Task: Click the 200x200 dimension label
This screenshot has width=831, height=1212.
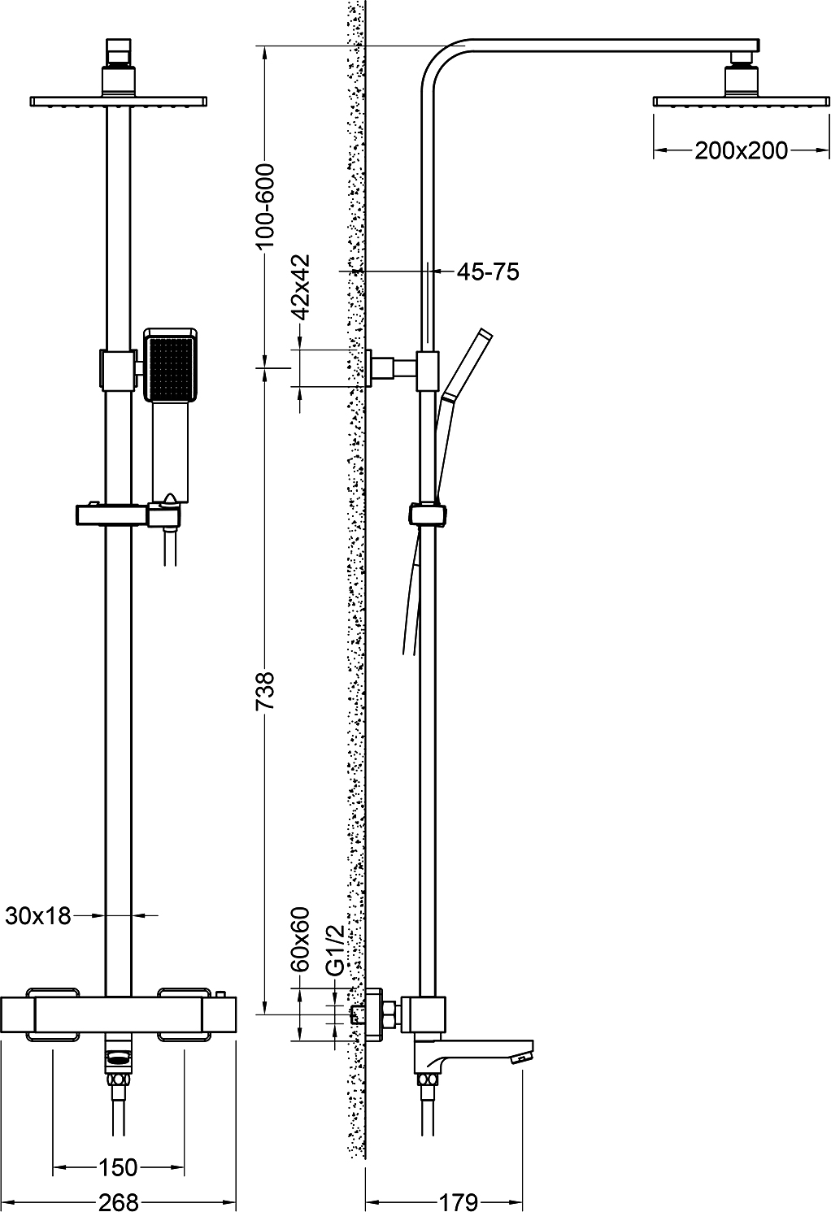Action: tap(741, 150)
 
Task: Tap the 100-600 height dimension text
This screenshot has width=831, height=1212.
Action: tap(266, 204)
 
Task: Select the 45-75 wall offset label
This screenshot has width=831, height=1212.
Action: tap(487, 272)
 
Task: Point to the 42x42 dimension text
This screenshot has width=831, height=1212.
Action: tap(301, 286)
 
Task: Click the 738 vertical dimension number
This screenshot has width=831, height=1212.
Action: tap(266, 690)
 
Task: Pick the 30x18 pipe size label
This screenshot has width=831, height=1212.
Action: tap(38, 916)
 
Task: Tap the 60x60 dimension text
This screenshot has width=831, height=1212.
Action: tap(301, 940)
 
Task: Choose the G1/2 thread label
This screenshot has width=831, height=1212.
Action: tap(334, 949)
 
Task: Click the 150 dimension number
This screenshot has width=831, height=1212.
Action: tap(118, 1168)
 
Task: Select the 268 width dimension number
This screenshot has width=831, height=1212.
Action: tap(118, 1201)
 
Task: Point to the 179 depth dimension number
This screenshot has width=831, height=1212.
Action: tap(459, 1201)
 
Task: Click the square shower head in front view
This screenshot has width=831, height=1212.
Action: tap(118, 101)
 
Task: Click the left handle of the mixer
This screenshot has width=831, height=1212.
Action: tap(54, 1014)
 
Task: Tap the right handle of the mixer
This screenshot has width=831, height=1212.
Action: tap(185, 1014)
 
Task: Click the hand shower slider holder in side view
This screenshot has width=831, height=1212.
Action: tap(428, 515)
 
